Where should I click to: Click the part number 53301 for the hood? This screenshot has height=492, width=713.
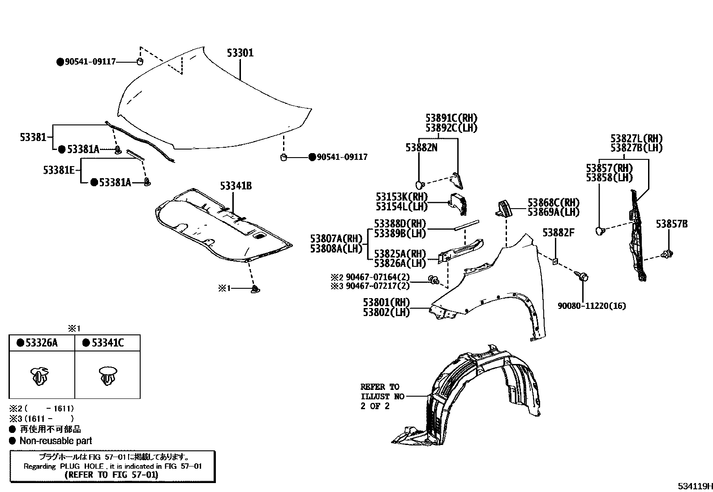(x=240, y=53)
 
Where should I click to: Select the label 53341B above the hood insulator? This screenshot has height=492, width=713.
(x=236, y=185)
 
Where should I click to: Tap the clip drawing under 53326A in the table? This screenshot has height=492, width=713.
(x=40, y=376)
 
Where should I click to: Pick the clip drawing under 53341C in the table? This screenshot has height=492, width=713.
(x=108, y=376)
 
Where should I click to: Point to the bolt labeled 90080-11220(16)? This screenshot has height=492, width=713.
(x=583, y=278)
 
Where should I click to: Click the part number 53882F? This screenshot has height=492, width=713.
(x=558, y=233)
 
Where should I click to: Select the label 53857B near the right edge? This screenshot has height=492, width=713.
(x=671, y=224)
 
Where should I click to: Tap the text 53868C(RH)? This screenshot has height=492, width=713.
(x=553, y=202)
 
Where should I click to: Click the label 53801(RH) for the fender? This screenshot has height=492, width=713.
(x=387, y=303)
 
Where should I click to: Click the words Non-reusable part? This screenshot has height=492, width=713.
(x=56, y=441)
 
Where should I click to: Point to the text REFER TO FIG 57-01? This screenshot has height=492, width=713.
(x=112, y=475)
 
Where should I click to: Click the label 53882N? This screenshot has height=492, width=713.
(x=421, y=147)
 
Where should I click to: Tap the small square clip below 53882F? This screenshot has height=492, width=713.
(x=555, y=261)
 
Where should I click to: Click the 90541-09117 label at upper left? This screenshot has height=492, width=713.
(x=90, y=62)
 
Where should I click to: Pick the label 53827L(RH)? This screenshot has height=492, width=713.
(x=636, y=138)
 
